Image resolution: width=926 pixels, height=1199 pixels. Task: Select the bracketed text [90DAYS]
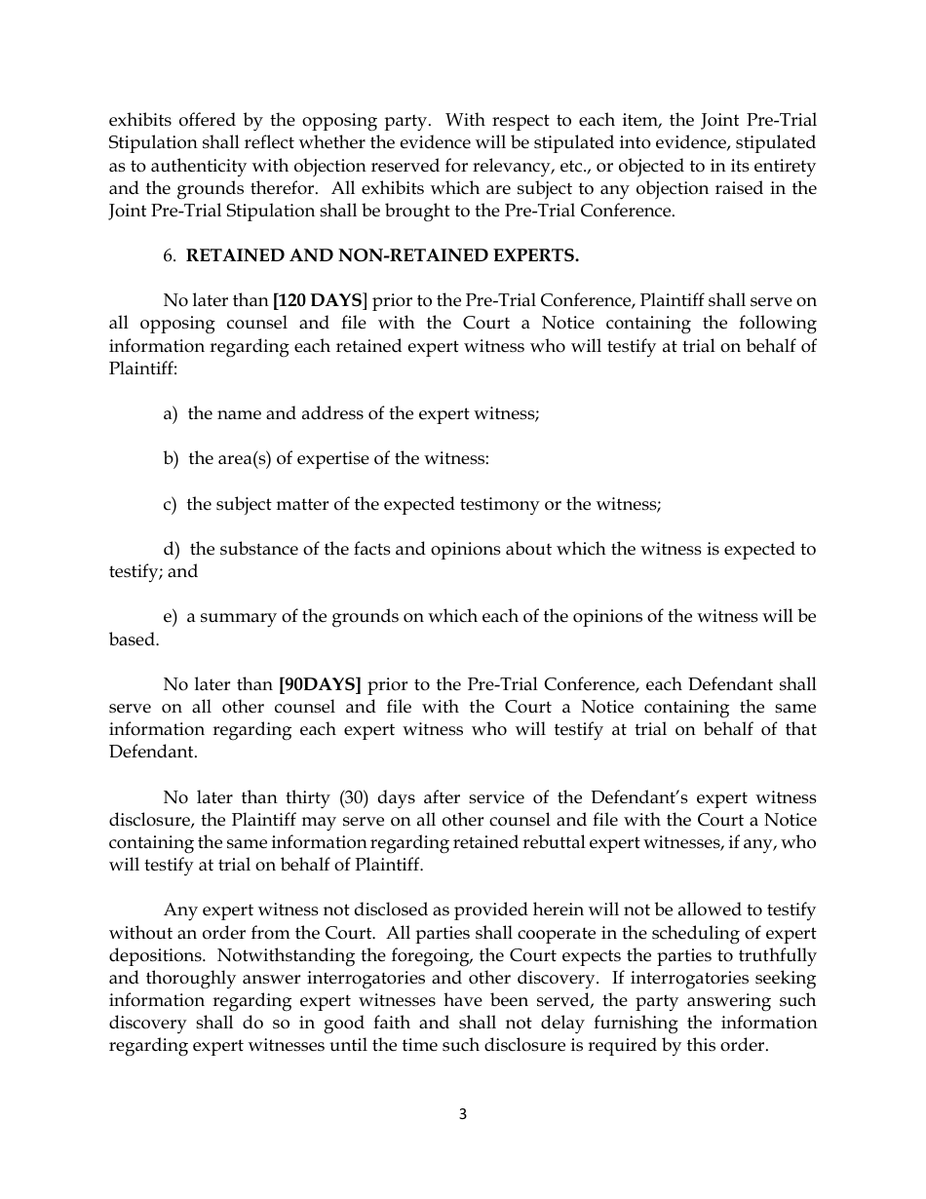[x=320, y=684]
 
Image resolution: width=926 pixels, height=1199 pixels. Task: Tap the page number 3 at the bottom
[x=463, y=1114]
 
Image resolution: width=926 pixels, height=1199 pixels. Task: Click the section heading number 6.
[x=169, y=255]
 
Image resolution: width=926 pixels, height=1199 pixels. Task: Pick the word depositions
[x=155, y=955]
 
